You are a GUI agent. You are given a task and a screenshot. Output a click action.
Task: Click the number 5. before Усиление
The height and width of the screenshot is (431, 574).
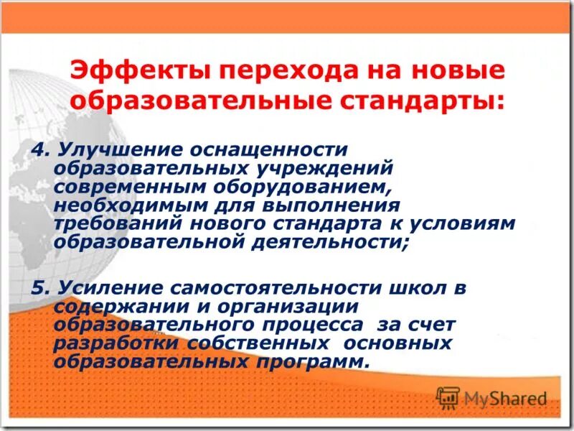click(x=40, y=288)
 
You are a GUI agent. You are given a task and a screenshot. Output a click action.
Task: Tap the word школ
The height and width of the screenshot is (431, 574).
click(x=412, y=288)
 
